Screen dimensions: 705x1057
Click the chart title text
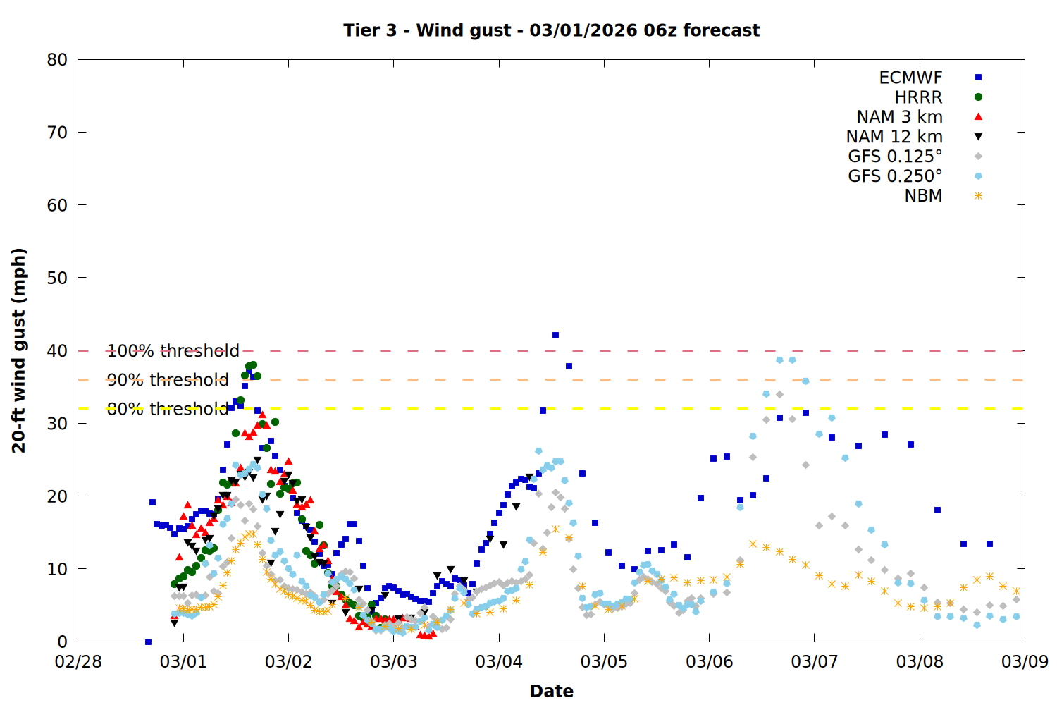pos(551,30)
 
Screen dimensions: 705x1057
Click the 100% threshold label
pos(173,351)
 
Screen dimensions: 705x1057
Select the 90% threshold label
pos(168,380)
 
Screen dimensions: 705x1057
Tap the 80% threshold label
pos(168,409)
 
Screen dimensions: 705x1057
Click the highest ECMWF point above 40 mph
pos(555,336)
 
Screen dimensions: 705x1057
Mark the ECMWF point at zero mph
pos(148,642)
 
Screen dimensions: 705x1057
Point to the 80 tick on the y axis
pos(57,60)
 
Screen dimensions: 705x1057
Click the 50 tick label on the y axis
pos(57,278)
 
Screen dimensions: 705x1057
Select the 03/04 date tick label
pos(499,662)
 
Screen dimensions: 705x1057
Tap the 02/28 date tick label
pos(78,662)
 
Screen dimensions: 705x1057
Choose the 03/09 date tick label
pos(1025,662)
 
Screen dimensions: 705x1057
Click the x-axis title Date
pos(551,691)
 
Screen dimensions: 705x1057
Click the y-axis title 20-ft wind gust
pos(19,350)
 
